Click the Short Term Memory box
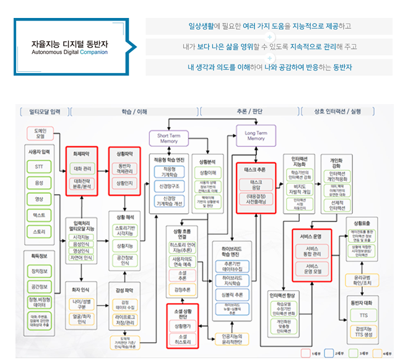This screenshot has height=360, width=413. click(x=168, y=138)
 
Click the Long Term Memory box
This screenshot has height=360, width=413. click(x=256, y=135)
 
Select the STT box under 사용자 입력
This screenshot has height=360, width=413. click(x=39, y=165)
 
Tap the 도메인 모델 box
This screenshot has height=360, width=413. click(x=38, y=134)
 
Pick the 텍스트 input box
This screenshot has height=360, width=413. click(x=39, y=215)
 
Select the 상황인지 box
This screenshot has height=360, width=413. click(x=125, y=183)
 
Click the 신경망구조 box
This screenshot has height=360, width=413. click(x=169, y=186)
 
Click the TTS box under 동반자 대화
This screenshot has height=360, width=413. click(x=362, y=314)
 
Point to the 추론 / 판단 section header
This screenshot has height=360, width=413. click(x=250, y=112)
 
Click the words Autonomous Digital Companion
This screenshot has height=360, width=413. click(x=69, y=53)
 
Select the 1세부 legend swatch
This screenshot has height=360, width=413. click(x=305, y=352)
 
